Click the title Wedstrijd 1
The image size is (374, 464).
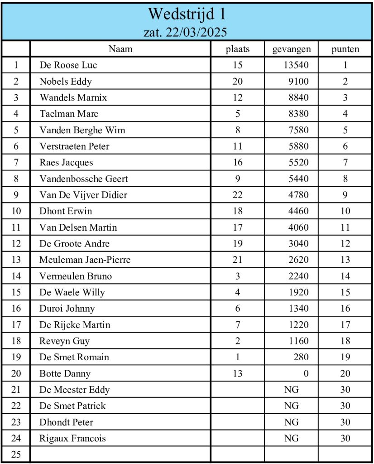187,14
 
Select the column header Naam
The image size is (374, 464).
120,49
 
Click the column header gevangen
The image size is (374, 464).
292,49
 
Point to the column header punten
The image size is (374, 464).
345,49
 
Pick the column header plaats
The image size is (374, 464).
238,49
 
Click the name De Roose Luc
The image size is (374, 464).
68,65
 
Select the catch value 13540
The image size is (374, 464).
296,65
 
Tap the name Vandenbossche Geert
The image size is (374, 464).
84,179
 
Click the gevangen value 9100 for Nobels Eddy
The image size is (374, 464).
299,82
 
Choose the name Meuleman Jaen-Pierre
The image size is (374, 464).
85,260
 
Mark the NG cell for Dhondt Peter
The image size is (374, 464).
292,422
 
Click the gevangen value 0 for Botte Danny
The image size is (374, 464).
306,374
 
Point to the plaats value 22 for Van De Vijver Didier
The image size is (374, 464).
238,195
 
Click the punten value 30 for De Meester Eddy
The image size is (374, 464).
345,390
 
